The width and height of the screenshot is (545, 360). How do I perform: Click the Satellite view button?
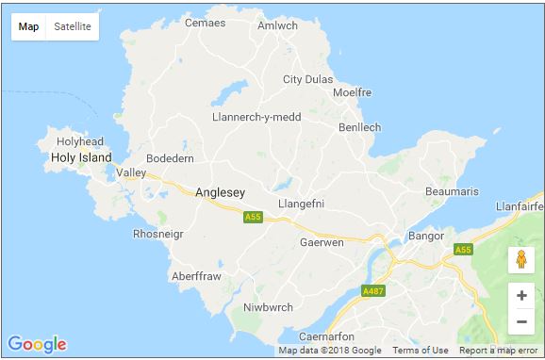pyautogui.click(x=73, y=26)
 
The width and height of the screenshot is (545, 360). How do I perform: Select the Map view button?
pyautogui.click(x=29, y=26)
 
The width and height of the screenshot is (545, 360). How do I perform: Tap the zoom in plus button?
pyautogui.click(x=521, y=295)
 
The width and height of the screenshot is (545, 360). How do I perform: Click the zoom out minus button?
pyautogui.click(x=521, y=322)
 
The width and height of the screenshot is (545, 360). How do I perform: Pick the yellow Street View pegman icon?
pyautogui.click(x=521, y=259)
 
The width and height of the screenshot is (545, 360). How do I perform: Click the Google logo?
pyautogui.click(x=37, y=344)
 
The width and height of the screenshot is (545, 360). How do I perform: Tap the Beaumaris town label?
pyautogui.click(x=452, y=191)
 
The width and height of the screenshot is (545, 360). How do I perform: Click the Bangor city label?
pyautogui.click(x=424, y=236)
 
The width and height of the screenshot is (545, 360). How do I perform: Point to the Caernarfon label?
pyautogui.click(x=325, y=336)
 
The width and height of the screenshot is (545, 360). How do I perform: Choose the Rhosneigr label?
pyautogui.click(x=158, y=234)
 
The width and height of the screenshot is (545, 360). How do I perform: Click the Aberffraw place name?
pyautogui.click(x=195, y=276)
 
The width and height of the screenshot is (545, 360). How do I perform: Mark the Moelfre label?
pyautogui.click(x=353, y=93)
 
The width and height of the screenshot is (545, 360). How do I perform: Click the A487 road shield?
pyautogui.click(x=374, y=292)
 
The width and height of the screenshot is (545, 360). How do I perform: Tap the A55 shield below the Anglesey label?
pyautogui.click(x=252, y=218)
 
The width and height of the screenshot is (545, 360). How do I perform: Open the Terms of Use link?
pyautogui.click(x=421, y=351)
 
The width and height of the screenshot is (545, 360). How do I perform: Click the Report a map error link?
pyautogui.click(x=499, y=351)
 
